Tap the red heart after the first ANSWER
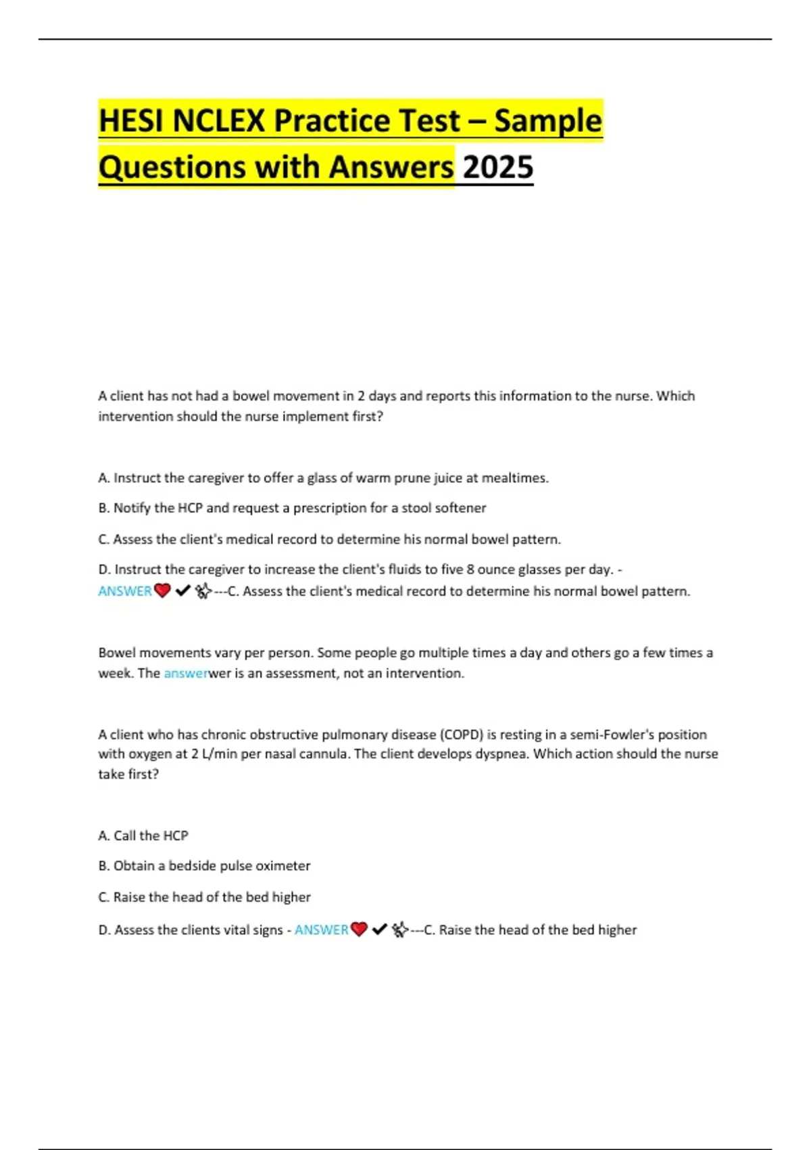pos(162,591)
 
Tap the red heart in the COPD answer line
pos(359,930)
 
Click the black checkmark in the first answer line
pos(182,591)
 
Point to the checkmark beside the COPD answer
pos(379,930)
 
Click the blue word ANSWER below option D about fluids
pos(125,591)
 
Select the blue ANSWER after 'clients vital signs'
pos(321,930)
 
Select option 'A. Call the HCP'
pos(143,836)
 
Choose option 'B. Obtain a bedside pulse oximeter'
pos(204,866)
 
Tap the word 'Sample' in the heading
pos(547,121)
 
